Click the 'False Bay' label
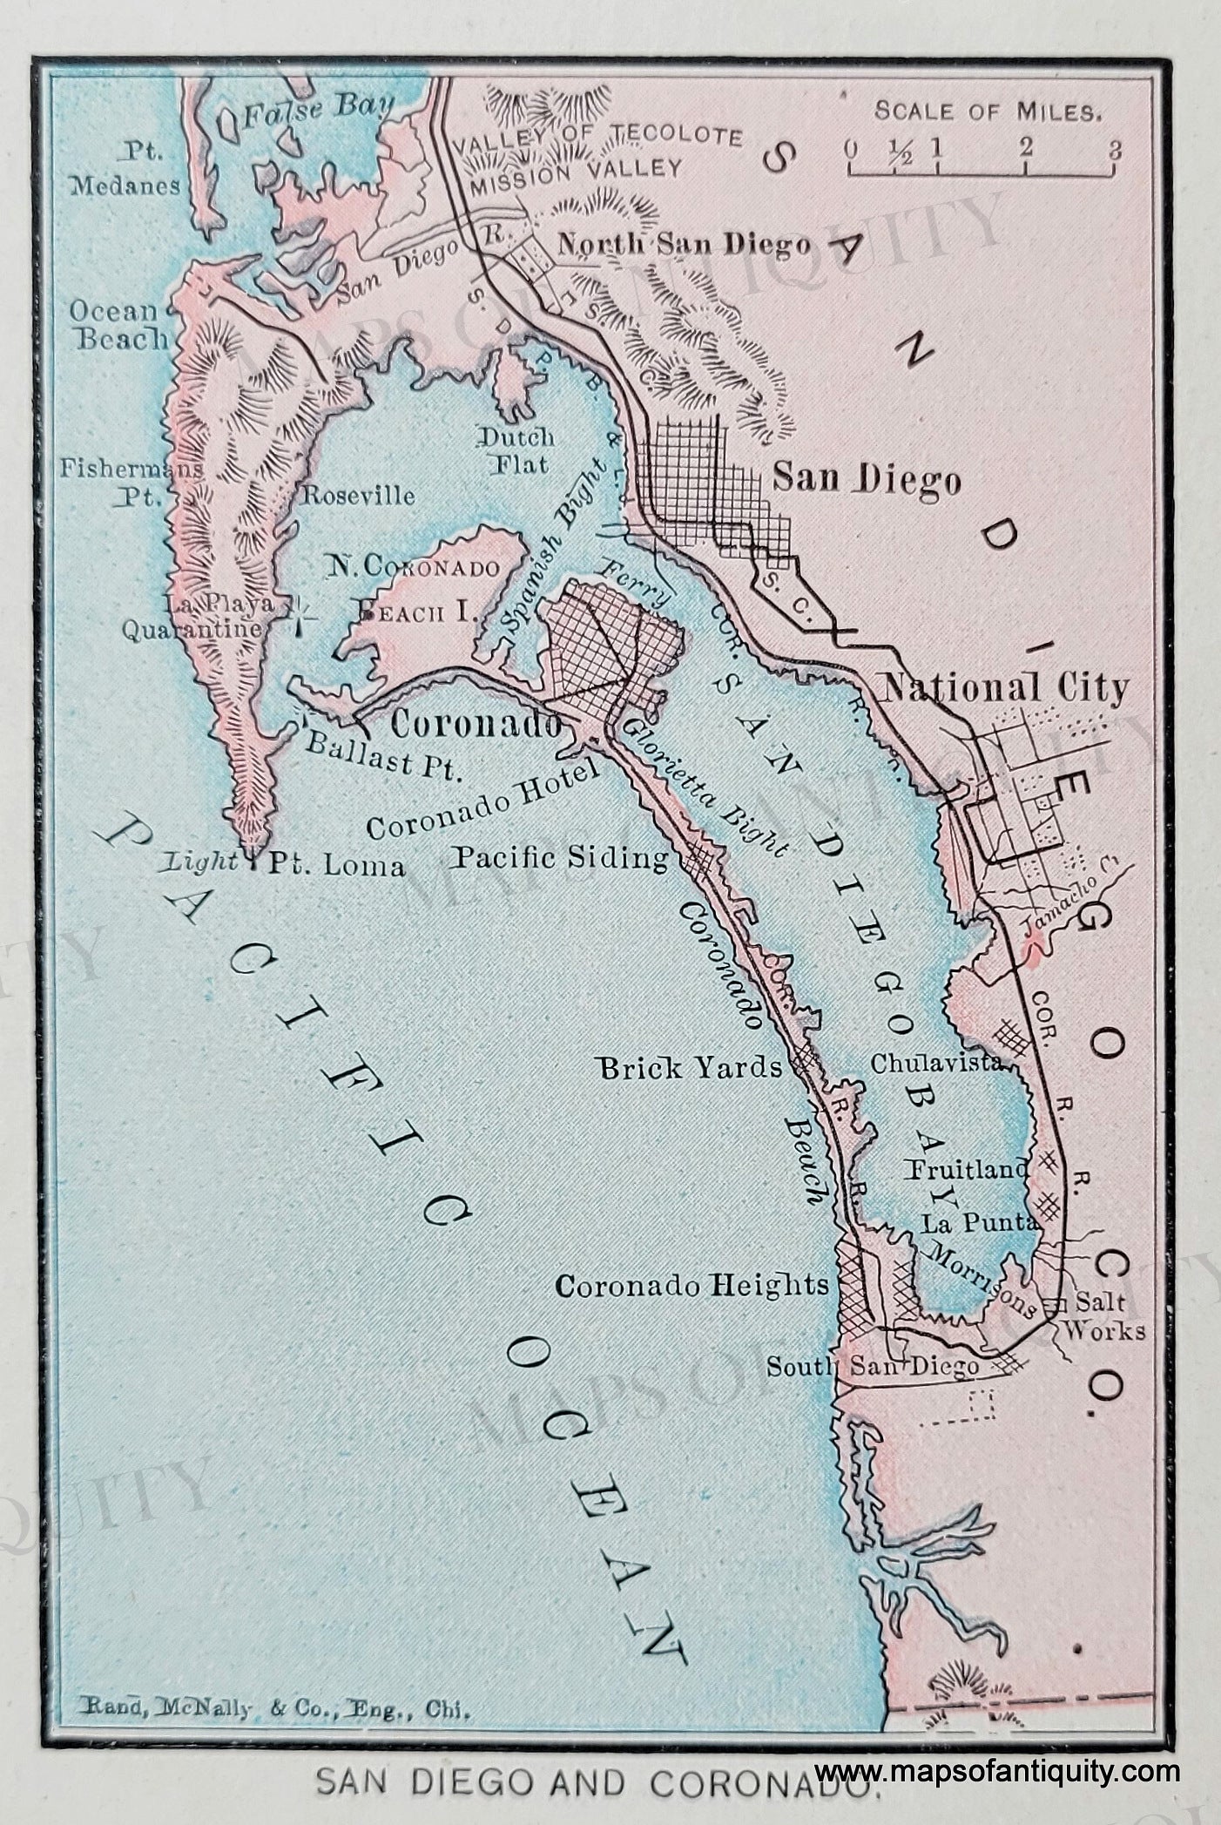coord(318,110)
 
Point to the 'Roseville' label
coord(358,496)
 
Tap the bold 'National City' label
coord(1006,688)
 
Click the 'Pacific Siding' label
coord(560,859)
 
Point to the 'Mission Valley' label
coord(575,167)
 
